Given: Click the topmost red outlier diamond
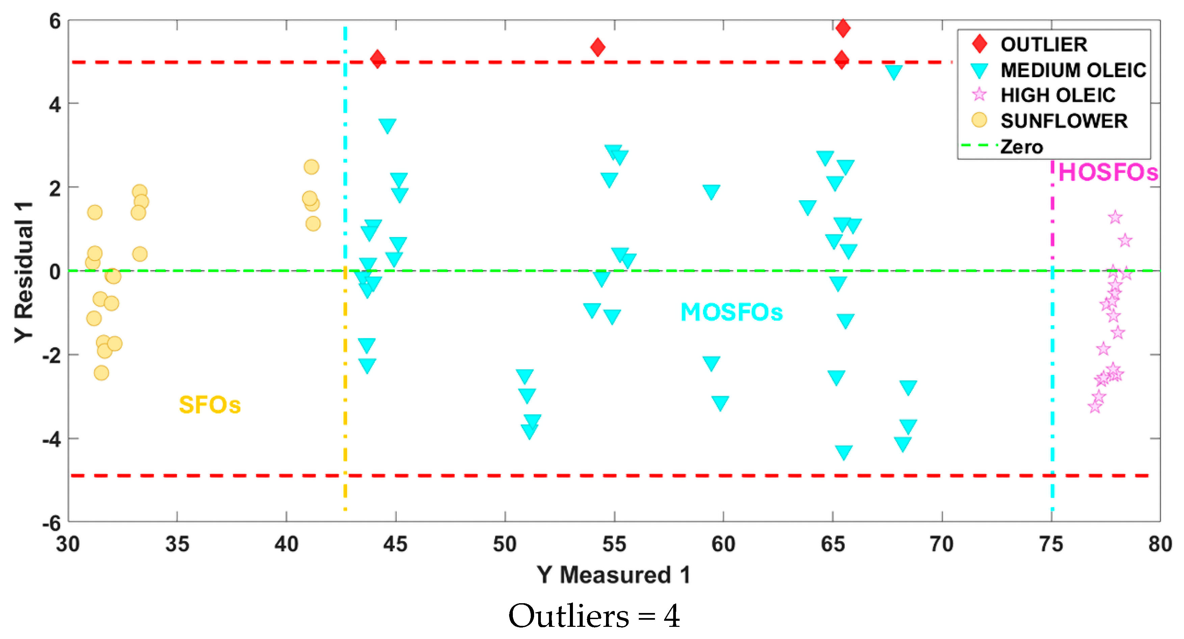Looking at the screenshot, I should click(x=842, y=28).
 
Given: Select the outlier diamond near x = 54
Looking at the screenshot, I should click(x=598, y=47).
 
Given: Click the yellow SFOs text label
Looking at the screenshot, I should click(x=210, y=405).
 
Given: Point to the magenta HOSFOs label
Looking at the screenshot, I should click(x=1108, y=173).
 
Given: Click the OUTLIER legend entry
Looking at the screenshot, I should click(x=1043, y=44).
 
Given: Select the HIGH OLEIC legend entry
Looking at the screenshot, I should click(x=1057, y=95).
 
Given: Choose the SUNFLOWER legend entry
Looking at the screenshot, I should click(x=1063, y=121).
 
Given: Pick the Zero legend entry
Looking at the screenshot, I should click(x=1021, y=147).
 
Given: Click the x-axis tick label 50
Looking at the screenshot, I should click(x=505, y=544).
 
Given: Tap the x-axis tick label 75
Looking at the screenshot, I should click(x=1051, y=544).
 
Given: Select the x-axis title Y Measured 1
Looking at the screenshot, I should click(x=613, y=574).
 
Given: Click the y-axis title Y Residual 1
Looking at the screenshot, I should click(x=24, y=271).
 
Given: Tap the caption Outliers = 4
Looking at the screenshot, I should click(x=594, y=616).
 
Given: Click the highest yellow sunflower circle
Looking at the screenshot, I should click(x=311, y=167).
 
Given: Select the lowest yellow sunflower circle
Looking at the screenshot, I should click(x=101, y=373).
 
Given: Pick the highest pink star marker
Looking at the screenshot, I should click(x=1115, y=217).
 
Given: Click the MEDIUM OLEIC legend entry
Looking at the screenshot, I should click(x=1073, y=70).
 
